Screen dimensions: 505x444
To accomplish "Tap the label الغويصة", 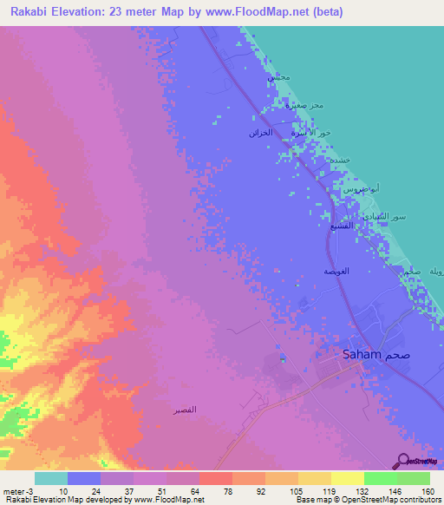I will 336,272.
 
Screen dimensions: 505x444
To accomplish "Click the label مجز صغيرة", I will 305,106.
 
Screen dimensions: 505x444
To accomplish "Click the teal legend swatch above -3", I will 51,478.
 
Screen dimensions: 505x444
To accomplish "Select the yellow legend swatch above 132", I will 348,478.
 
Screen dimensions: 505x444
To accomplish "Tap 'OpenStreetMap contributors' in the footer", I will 397,500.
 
